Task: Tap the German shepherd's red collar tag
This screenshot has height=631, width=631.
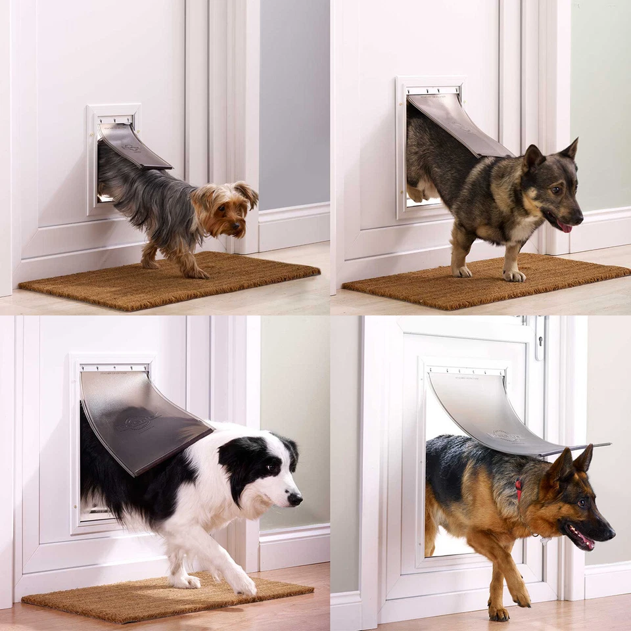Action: click(x=519, y=489)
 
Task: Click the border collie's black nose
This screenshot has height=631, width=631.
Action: click(x=295, y=499)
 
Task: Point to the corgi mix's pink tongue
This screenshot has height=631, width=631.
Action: click(x=565, y=227)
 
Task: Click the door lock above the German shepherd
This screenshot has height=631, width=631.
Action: click(x=539, y=337)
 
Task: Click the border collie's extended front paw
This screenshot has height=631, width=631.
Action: click(x=243, y=584)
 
